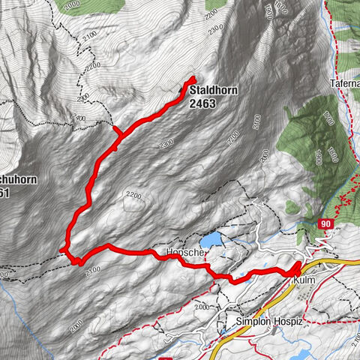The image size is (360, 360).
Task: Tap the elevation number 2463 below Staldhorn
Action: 202,103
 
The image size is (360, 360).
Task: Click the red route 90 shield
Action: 325,223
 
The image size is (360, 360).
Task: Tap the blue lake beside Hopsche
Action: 213,239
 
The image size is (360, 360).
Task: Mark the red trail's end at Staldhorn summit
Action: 192,79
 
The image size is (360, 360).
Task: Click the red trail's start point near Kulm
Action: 297,265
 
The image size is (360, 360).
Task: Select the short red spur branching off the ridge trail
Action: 116,133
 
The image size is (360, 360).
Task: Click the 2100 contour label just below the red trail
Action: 92,270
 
